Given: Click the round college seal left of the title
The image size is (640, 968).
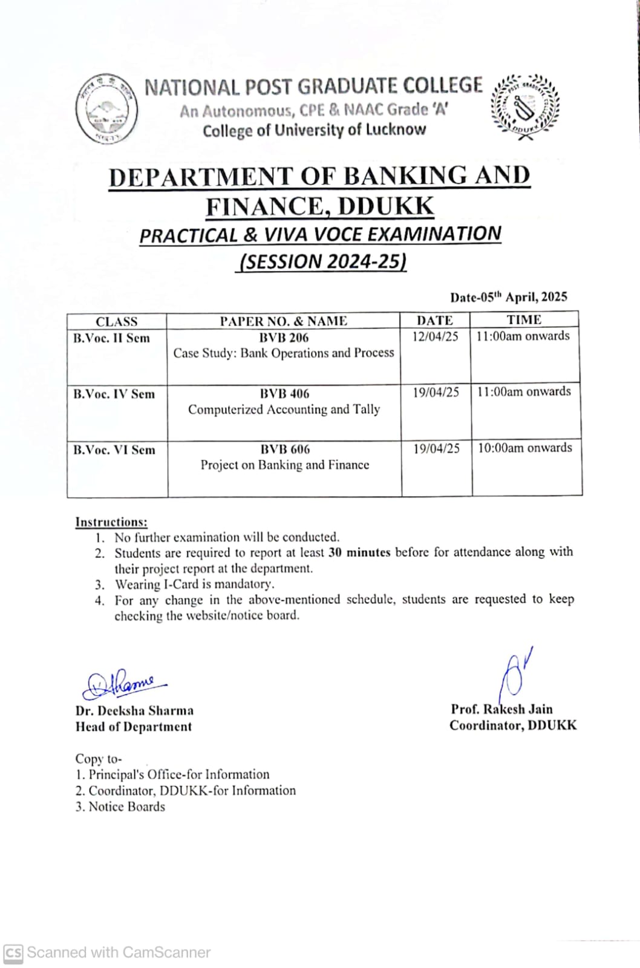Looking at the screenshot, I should click(x=106, y=109).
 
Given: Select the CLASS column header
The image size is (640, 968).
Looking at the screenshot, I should click(x=117, y=321).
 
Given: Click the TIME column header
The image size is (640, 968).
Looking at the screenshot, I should click(x=524, y=319).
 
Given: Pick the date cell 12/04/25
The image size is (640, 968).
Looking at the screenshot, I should click(x=435, y=336).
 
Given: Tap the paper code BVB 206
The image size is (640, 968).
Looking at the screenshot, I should click(x=284, y=338).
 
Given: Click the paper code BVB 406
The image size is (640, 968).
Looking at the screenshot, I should click(x=284, y=393).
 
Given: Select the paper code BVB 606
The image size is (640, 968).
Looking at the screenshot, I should click(x=285, y=450).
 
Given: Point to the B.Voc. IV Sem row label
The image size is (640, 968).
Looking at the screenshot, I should click(x=114, y=394).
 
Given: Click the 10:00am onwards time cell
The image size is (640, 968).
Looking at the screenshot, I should click(x=524, y=448).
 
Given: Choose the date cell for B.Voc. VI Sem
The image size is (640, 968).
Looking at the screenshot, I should click(x=436, y=448).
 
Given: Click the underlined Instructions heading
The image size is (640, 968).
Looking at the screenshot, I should click(x=111, y=522).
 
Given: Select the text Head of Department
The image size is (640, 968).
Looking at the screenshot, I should click(x=134, y=727).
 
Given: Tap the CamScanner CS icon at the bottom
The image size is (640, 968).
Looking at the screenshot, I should click(x=13, y=953).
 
